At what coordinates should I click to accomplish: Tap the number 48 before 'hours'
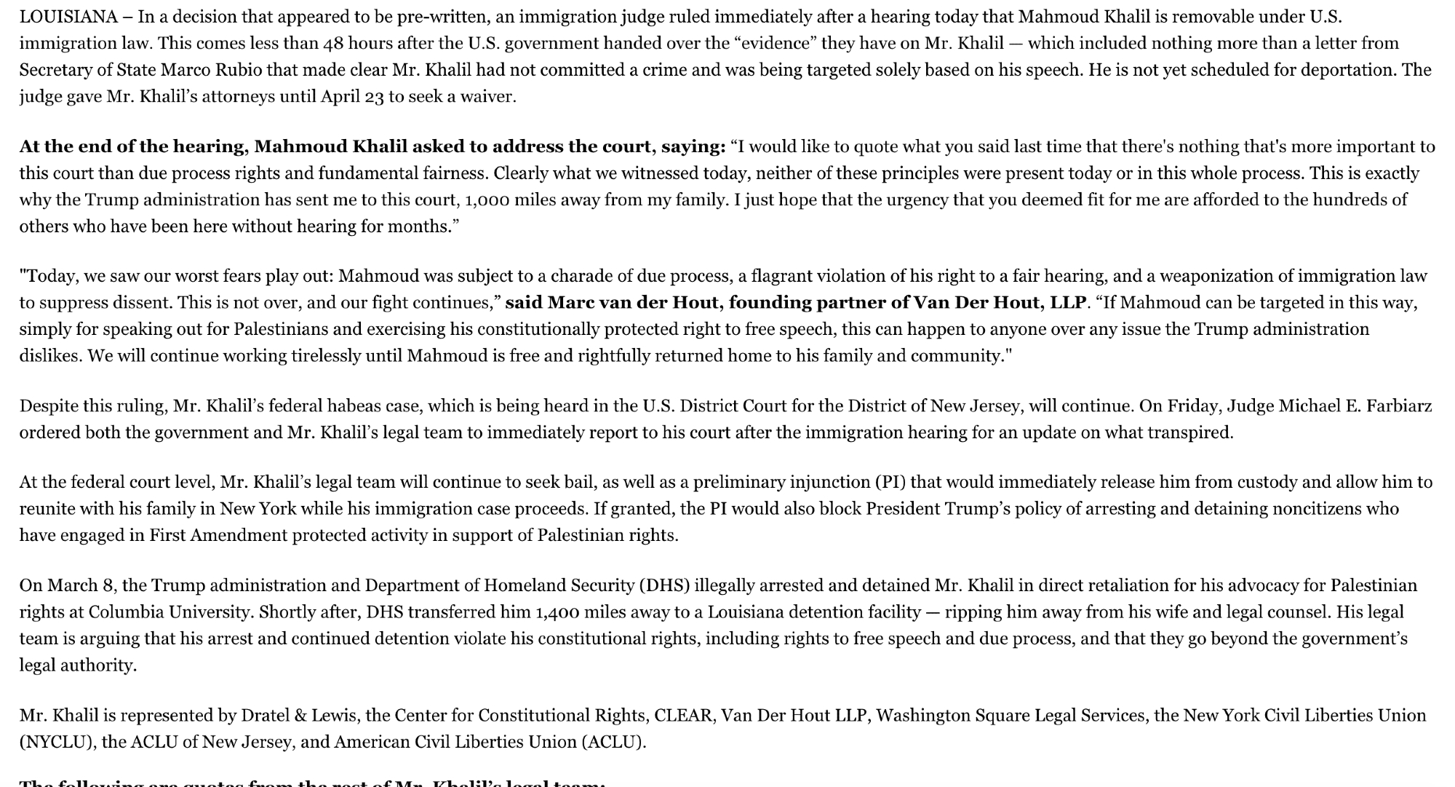pos(333,44)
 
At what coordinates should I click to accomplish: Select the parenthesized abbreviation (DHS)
pos(666,586)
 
